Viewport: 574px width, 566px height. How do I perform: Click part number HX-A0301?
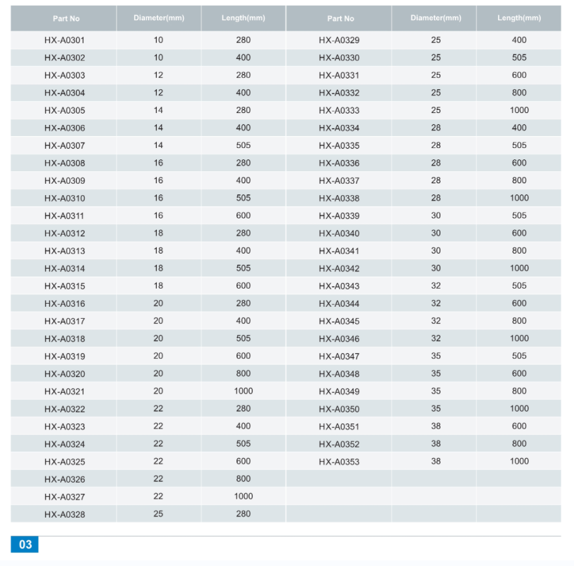click(x=65, y=40)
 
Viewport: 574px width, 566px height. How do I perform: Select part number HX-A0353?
click(x=339, y=462)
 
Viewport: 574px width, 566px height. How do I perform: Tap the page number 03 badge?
click(x=24, y=544)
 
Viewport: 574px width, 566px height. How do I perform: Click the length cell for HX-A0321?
click(x=243, y=391)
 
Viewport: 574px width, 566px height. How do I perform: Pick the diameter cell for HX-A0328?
click(x=158, y=514)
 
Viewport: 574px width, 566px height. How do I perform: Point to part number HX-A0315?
click(x=65, y=286)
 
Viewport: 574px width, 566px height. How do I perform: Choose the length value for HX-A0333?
click(x=519, y=110)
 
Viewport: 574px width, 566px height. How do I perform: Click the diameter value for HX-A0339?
click(x=436, y=216)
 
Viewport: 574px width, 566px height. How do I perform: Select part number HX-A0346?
click(x=339, y=339)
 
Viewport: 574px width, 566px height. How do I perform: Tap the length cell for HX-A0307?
click(x=243, y=146)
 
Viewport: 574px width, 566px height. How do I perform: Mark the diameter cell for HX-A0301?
click(x=158, y=40)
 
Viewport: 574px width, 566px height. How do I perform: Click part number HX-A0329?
click(x=339, y=40)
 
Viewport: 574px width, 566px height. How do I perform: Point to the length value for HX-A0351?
click(x=519, y=426)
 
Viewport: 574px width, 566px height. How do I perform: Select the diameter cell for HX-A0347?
click(x=436, y=356)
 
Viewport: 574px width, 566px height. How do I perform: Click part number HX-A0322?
click(x=65, y=409)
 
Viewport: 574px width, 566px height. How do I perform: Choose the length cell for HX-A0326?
click(x=243, y=479)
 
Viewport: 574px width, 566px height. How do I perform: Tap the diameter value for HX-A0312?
click(x=158, y=233)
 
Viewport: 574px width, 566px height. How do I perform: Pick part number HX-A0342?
click(x=339, y=269)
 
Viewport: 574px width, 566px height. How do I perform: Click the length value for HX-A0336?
click(x=519, y=163)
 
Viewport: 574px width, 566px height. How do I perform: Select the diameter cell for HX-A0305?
click(x=158, y=110)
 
